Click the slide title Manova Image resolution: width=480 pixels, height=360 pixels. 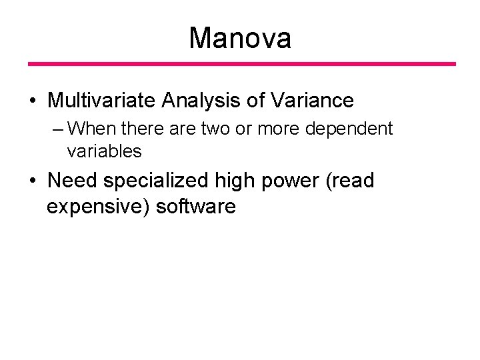(240, 38)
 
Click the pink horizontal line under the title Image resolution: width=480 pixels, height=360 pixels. (241, 64)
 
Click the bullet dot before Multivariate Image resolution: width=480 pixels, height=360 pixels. (33, 101)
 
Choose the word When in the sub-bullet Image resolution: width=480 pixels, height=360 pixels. (88, 128)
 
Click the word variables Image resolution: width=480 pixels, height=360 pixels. (105, 151)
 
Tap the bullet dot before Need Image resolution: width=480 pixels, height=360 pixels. (33, 181)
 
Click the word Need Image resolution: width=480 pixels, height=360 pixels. (73, 180)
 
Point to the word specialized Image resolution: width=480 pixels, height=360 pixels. (159, 181)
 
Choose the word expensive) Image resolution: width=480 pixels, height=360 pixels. (98, 207)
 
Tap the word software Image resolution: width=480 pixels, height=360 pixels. (196, 207)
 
